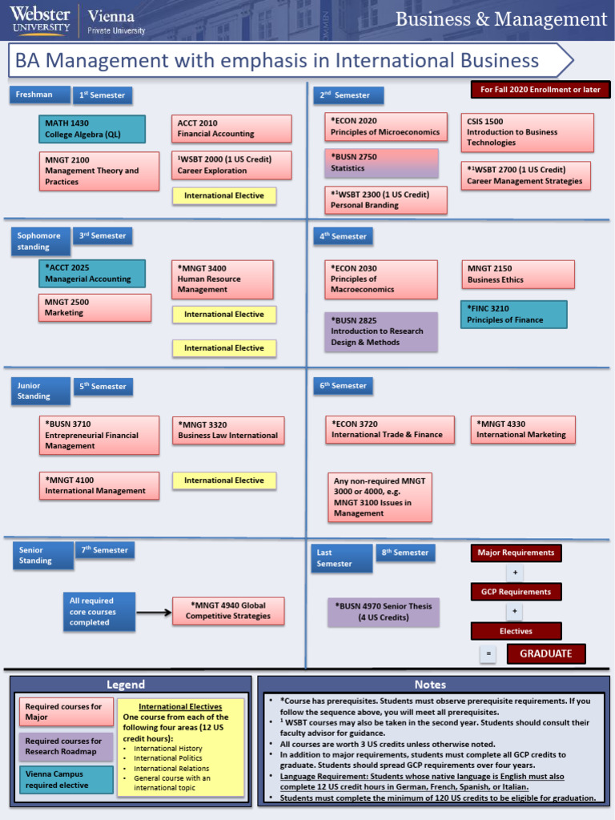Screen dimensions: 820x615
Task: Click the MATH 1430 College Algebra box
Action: pos(92,129)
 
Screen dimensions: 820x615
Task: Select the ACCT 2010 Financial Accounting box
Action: pos(231,129)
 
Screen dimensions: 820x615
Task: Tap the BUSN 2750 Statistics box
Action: pos(381,163)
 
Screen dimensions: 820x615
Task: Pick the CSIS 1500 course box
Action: pos(527,132)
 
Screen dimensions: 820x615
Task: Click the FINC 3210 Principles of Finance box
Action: pos(513,314)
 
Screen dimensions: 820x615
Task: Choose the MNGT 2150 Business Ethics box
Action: pos(517,274)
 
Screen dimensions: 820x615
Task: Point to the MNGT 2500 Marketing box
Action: pos(94,307)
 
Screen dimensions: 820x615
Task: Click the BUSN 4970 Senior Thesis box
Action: pos(383,612)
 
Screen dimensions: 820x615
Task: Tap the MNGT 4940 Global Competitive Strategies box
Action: pos(228,611)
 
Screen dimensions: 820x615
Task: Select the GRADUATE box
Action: pos(545,653)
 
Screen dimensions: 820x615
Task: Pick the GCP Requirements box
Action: pos(515,592)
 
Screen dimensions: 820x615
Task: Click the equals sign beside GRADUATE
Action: pos(488,654)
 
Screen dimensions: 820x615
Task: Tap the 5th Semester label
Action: pos(103,387)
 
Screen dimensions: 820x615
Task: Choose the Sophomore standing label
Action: pos(40,241)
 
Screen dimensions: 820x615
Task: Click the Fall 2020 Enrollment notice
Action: pos(540,90)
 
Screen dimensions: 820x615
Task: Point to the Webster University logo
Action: pos(40,19)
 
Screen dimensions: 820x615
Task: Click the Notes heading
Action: pos(430,685)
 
